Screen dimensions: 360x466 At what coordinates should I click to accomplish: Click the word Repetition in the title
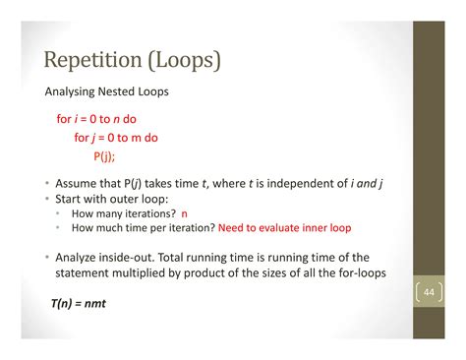[91, 61]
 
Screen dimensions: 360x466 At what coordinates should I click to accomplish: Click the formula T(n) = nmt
[78, 303]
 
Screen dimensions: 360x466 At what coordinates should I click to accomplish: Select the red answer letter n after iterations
[184, 212]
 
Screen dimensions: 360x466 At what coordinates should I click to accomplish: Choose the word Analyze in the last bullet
[80, 256]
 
